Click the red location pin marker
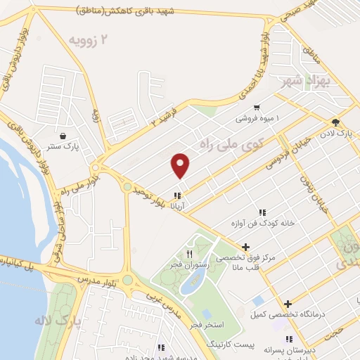pyautogui.click(x=181, y=165)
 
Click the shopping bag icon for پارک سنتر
pyautogui.click(x=64, y=136)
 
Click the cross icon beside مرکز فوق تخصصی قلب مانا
pyautogui.click(x=245, y=247)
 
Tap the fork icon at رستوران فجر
pyautogui.click(x=190, y=254)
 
